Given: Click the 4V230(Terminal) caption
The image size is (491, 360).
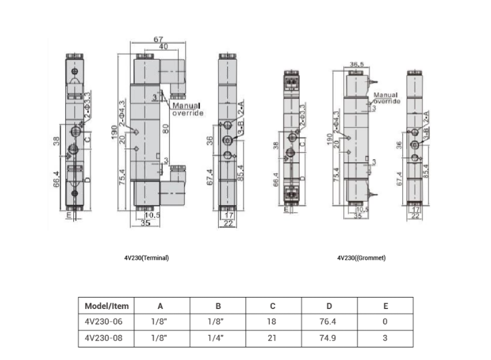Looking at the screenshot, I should tap(146, 258).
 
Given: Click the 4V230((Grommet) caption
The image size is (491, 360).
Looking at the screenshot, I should tap(361, 258).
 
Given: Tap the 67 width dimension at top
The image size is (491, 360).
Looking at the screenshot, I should tap(158, 40).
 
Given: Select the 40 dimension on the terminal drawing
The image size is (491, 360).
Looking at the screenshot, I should tap(163, 47).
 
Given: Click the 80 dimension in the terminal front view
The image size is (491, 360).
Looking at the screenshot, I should tap(166, 130).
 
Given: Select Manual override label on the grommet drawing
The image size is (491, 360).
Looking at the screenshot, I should tap(387, 98).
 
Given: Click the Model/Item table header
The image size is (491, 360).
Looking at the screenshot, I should tap(107, 306).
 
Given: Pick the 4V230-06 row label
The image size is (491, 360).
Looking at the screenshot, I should tap(100, 322).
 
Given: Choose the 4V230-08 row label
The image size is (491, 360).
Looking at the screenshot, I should tap(100, 338).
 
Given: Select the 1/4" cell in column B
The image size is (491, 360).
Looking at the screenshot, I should tap(215, 338).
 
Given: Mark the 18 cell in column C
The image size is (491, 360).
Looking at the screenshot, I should tap(272, 322).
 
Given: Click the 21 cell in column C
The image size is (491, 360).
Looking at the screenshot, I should tap(272, 338).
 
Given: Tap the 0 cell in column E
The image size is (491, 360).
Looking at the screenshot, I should tap(385, 322).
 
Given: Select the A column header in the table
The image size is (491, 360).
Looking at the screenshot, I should tap(160, 306).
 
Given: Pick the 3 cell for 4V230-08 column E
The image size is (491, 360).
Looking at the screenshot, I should tap(385, 338).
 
